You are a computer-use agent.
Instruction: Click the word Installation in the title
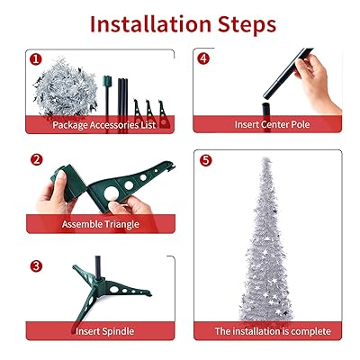point(150,24)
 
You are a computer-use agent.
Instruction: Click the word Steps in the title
point(247,24)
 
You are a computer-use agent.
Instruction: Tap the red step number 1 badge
point(36,59)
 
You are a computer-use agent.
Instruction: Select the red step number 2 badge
point(37,159)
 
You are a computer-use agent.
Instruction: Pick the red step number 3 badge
point(36,265)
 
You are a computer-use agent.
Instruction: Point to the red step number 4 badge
point(203,58)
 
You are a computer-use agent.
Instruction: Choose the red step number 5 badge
point(205,160)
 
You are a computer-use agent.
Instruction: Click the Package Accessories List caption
point(104,125)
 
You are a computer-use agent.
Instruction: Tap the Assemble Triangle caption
point(101,224)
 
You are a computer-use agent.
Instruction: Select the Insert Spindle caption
point(104,331)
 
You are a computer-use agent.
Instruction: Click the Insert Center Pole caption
point(272,124)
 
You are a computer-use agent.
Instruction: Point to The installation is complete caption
point(273,331)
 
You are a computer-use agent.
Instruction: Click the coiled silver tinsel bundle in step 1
point(66,87)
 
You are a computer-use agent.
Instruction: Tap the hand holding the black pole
point(318,84)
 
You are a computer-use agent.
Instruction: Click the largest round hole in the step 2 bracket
point(111,193)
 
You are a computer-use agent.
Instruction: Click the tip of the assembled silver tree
point(265,158)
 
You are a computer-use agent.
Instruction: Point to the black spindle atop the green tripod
point(98,268)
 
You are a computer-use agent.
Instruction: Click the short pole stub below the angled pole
point(266,109)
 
